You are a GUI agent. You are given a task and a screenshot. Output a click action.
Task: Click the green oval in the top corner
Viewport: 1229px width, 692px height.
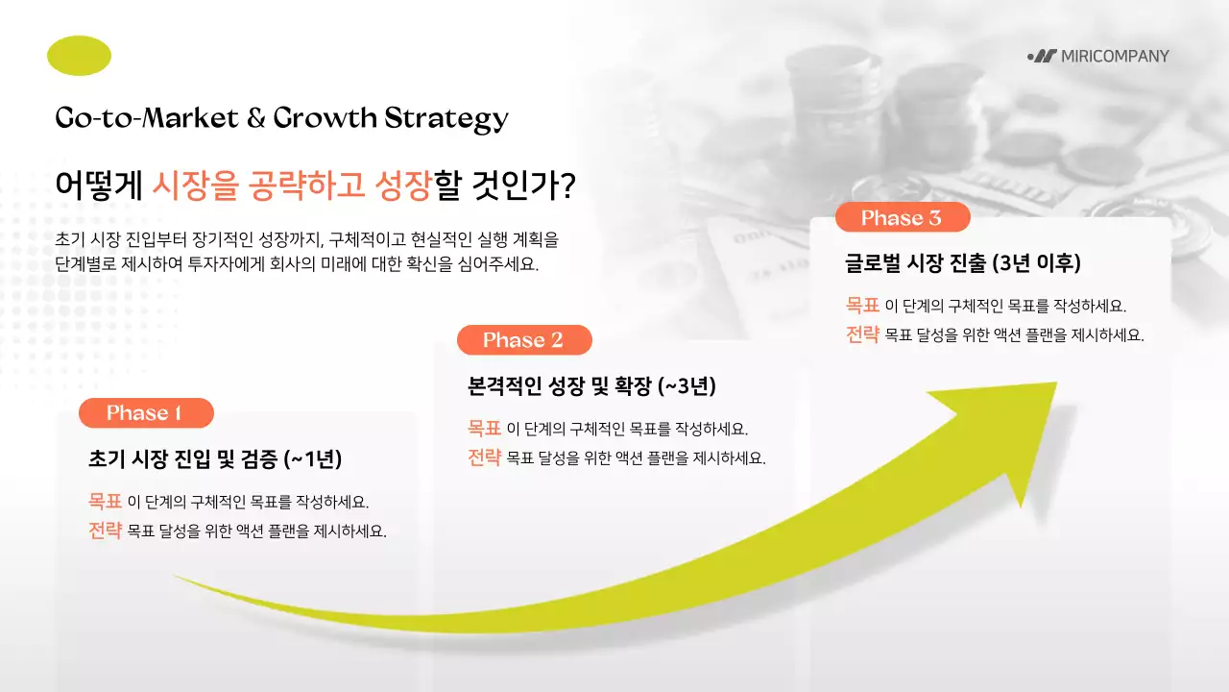(x=79, y=56)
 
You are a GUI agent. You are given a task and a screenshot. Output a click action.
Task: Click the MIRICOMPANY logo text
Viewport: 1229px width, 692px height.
(x=1114, y=56)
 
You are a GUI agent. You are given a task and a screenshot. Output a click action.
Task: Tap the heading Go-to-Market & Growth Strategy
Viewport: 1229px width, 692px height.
(x=281, y=118)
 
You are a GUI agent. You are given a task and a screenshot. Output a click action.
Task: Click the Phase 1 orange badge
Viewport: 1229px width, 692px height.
(x=145, y=413)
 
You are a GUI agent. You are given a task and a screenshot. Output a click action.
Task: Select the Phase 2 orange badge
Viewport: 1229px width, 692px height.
(x=523, y=340)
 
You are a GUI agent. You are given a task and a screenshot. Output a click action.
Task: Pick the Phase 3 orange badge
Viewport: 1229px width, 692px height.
(x=902, y=218)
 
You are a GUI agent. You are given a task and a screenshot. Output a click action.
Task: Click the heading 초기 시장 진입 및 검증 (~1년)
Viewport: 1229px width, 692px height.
(x=214, y=458)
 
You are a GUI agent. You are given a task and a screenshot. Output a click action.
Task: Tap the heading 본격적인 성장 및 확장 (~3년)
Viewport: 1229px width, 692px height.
(x=591, y=386)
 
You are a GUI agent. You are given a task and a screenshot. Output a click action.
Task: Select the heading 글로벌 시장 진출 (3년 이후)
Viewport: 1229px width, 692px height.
(x=963, y=263)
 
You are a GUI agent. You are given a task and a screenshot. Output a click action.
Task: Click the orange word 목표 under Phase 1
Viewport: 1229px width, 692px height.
(x=105, y=501)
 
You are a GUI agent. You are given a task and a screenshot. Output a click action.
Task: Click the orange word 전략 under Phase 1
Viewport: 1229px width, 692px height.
(x=105, y=531)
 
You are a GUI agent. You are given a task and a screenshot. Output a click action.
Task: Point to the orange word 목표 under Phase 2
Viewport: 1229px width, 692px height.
(x=484, y=428)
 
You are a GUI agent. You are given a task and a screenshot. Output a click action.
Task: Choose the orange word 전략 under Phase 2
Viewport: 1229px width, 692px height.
(x=484, y=457)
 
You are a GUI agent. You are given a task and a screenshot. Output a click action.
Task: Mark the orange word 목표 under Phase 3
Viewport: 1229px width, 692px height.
(x=862, y=306)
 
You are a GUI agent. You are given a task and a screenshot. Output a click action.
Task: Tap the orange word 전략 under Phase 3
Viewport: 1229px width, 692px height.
(x=862, y=335)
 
